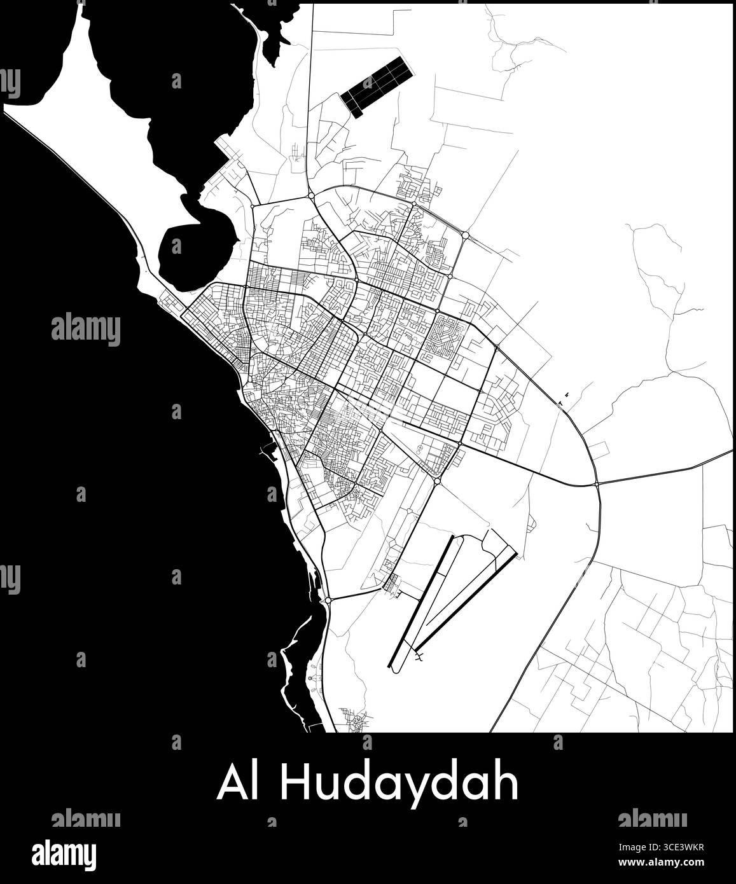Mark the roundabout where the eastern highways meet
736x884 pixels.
(597, 484)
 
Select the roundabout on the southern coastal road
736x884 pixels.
(328, 600)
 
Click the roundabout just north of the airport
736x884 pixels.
(438, 481)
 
